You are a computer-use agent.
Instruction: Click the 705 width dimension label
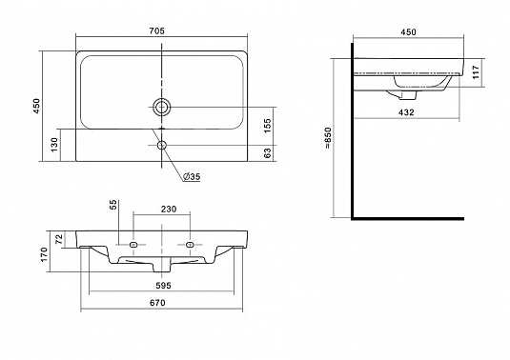coord(157,30)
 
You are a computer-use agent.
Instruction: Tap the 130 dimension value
coord(54,144)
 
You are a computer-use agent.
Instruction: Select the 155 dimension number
coord(267,126)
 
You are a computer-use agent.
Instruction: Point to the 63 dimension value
coord(267,153)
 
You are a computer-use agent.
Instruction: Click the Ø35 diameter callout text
coord(192,177)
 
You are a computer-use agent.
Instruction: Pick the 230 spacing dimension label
coord(169,209)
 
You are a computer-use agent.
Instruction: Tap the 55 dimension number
coord(112,205)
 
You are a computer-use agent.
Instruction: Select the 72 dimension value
coord(59,239)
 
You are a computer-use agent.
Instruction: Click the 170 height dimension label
coord(44,254)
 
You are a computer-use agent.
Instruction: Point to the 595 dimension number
coord(163,286)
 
